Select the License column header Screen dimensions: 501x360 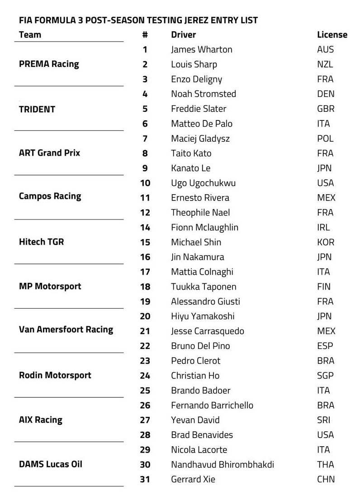(x=332, y=35)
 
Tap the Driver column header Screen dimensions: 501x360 (x=183, y=35)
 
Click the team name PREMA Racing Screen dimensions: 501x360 (x=49, y=64)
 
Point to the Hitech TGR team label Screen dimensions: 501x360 (x=42, y=242)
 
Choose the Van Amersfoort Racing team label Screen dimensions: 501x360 (x=66, y=329)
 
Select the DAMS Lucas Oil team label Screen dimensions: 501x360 (x=51, y=464)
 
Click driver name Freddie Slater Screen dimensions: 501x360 (x=199, y=109)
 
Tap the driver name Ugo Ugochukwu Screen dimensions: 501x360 (x=203, y=183)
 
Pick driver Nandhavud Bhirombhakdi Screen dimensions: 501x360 (x=222, y=465)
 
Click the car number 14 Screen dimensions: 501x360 (x=145, y=228)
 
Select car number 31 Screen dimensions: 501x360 (x=145, y=479)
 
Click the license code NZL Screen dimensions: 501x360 (x=325, y=65)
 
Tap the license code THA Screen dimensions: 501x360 (x=326, y=465)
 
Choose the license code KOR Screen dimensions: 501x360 (x=326, y=243)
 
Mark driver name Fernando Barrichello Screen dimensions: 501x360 (x=212, y=406)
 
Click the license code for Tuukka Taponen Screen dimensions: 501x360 (x=324, y=287)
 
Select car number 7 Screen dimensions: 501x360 (x=145, y=138)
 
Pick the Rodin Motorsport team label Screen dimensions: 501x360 (x=55, y=375)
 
